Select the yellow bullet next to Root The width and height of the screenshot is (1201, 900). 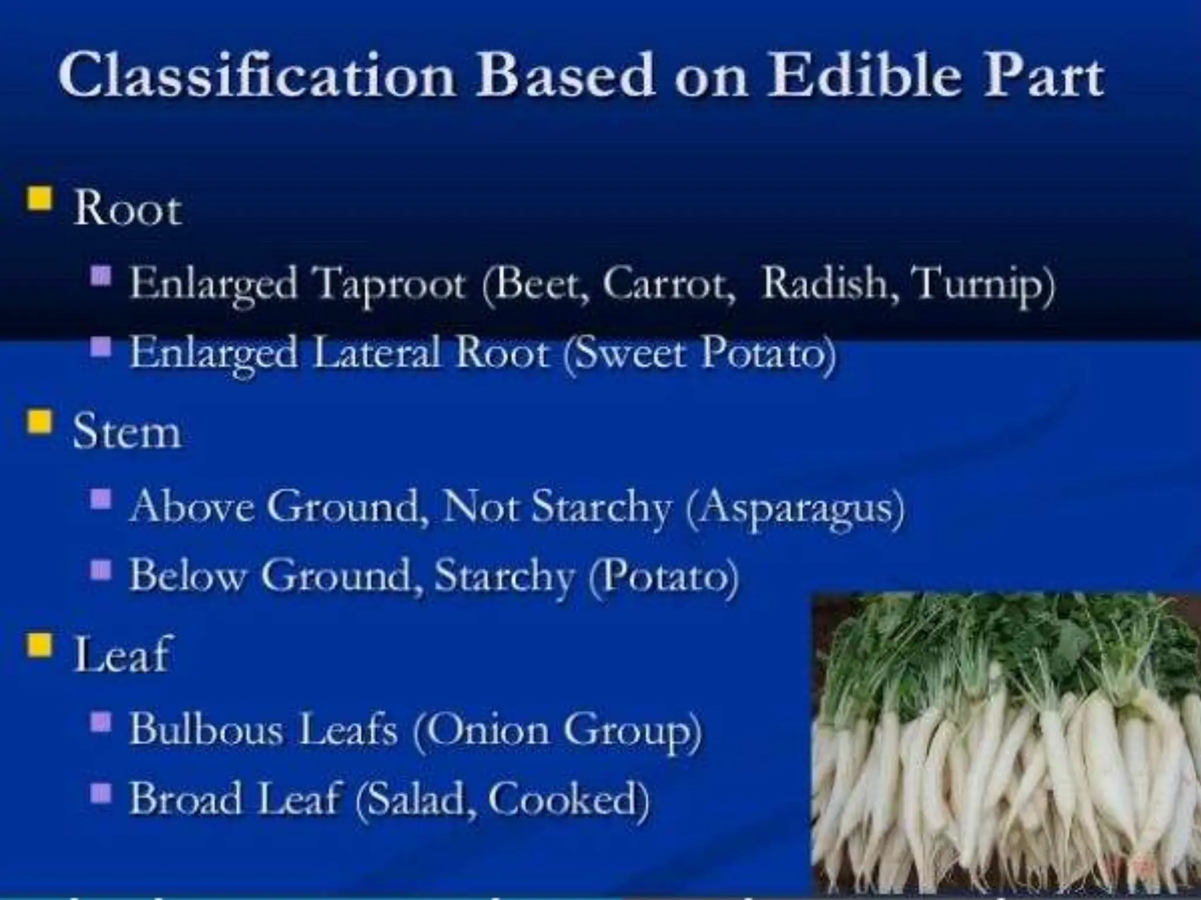pyautogui.click(x=39, y=197)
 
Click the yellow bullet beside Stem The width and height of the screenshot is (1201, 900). pyautogui.click(x=39, y=421)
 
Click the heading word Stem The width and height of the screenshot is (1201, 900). pyautogui.click(x=126, y=432)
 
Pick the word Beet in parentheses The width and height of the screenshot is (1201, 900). pyautogui.click(x=541, y=284)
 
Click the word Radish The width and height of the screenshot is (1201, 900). pyautogui.click(x=827, y=284)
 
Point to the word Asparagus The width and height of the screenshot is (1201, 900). pyautogui.click(x=795, y=507)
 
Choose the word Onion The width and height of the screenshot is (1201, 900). pyautogui.click(x=490, y=730)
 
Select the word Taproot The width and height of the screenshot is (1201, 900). pyautogui.click(x=390, y=285)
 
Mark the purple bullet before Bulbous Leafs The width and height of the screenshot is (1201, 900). pyautogui.click(x=101, y=723)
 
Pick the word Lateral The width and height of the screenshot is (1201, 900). pyautogui.click(x=376, y=353)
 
